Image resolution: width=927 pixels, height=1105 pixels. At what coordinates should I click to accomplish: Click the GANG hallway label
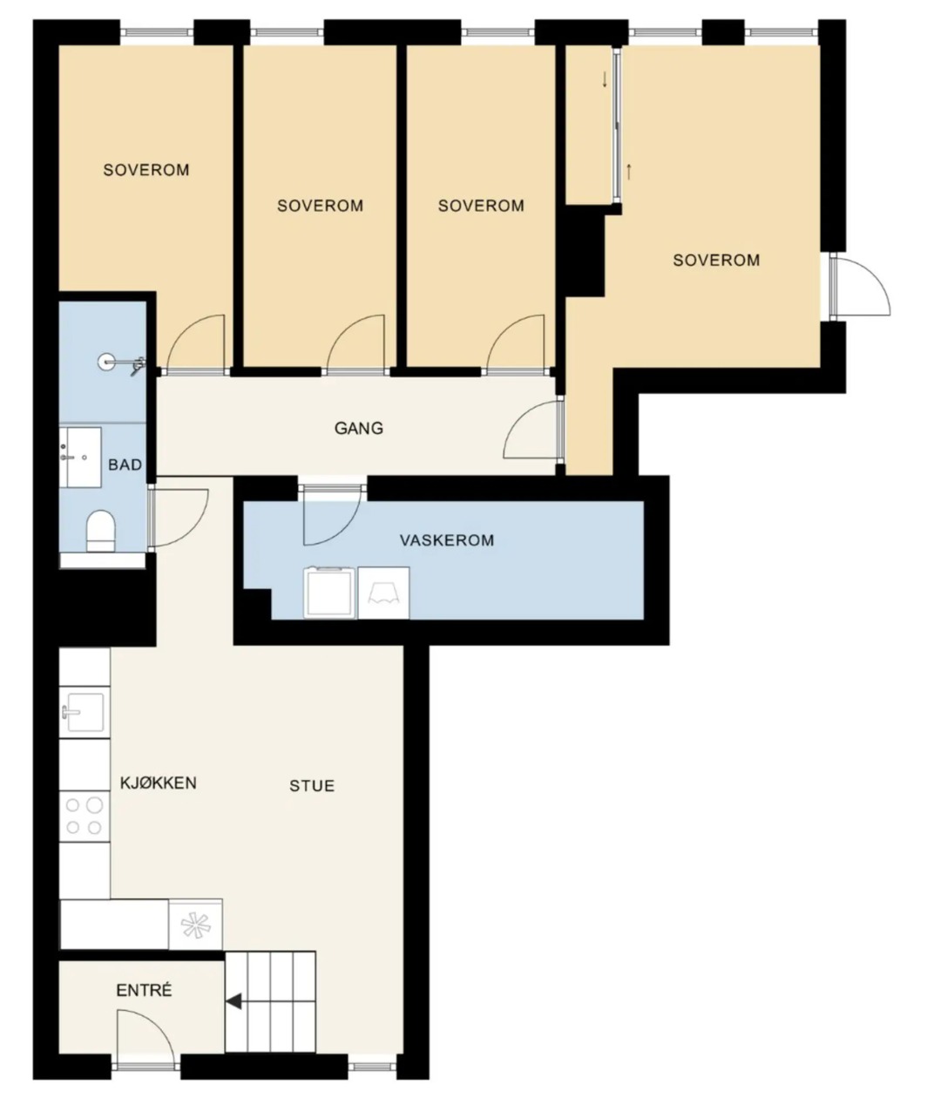(x=359, y=428)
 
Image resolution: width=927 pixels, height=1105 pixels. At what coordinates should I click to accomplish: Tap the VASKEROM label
(x=447, y=540)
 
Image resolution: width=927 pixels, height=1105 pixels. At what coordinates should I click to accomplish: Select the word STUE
(x=312, y=786)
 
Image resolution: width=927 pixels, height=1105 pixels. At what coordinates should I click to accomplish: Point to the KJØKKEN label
(x=159, y=783)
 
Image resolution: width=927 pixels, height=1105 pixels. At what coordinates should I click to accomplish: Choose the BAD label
(x=125, y=465)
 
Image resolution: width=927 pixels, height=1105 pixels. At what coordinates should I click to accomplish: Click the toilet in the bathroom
(x=100, y=531)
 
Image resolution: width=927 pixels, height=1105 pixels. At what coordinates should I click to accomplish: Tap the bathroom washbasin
(x=80, y=458)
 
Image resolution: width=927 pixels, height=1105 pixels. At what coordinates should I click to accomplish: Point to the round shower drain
(x=105, y=362)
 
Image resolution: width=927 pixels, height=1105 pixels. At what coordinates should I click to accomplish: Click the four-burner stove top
(x=85, y=816)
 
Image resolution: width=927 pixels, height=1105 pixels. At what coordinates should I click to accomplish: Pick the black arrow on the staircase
(x=233, y=1001)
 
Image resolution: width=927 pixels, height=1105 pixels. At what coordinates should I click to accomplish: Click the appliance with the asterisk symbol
(x=195, y=924)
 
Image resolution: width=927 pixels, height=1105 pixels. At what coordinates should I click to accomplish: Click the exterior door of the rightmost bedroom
(x=860, y=287)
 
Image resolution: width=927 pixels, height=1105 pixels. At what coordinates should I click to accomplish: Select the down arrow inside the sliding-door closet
(x=605, y=80)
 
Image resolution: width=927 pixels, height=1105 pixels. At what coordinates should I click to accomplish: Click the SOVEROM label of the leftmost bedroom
(x=146, y=171)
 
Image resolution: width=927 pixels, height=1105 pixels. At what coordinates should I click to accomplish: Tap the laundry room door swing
(x=332, y=515)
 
